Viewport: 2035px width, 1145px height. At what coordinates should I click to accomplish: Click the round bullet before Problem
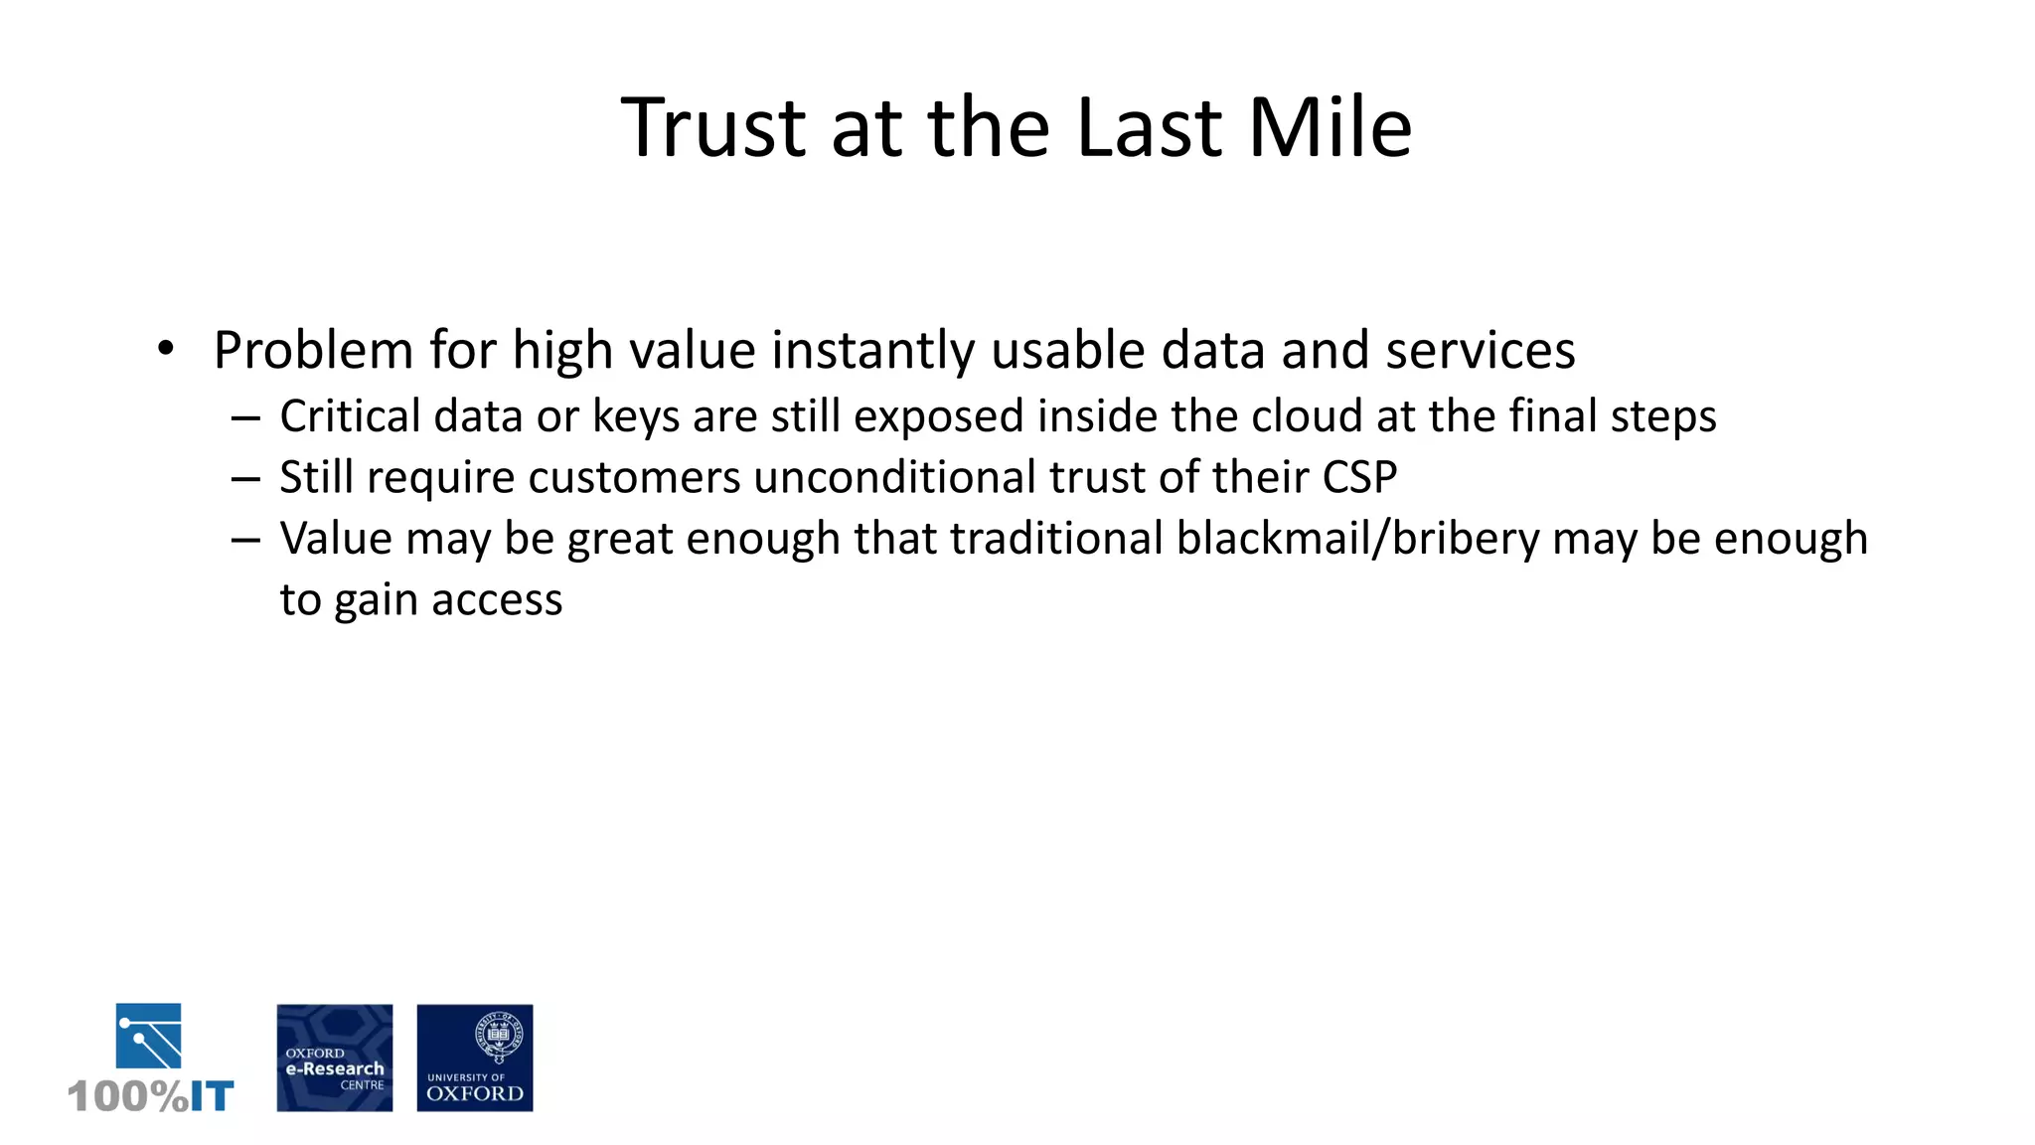[166, 349]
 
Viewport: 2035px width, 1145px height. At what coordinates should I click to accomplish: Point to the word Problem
[313, 351]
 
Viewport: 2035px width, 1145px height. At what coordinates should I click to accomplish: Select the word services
[1481, 351]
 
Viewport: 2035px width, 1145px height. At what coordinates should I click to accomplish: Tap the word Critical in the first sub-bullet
[350, 415]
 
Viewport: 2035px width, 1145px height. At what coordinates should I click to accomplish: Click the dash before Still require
[244, 479]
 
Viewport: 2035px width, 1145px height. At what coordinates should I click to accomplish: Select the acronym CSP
[1359, 477]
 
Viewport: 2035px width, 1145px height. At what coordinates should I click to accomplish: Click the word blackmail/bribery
[1357, 539]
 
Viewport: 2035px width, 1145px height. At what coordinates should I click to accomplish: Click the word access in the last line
[497, 600]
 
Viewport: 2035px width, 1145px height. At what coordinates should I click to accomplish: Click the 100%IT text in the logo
[151, 1096]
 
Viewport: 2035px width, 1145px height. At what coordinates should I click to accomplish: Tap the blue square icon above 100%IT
[148, 1035]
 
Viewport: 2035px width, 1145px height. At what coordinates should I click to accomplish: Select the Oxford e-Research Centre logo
[334, 1058]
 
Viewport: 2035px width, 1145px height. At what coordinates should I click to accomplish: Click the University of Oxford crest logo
[474, 1058]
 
